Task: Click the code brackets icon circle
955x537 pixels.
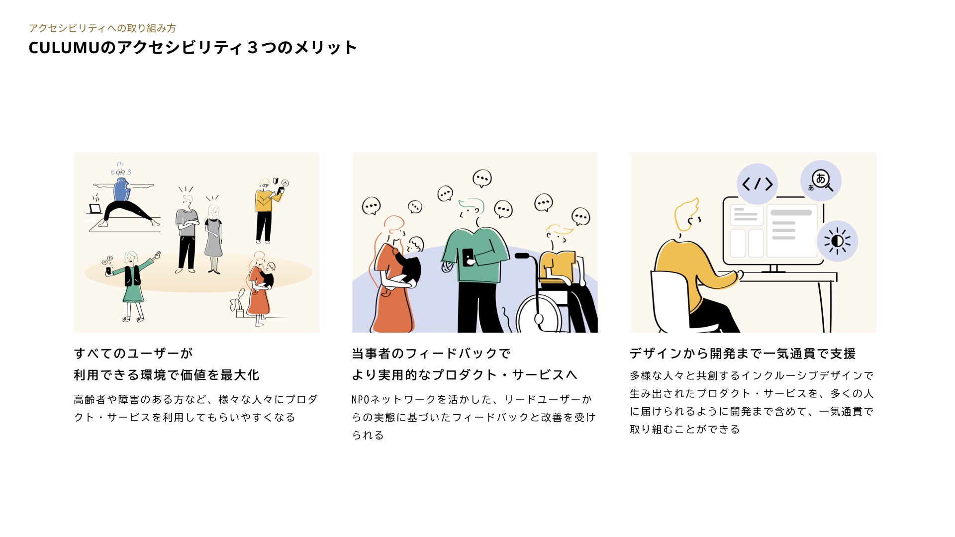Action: pos(757,184)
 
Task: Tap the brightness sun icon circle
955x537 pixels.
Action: pos(837,241)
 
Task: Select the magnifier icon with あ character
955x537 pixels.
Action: pos(821,180)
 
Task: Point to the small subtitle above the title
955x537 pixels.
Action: pos(102,28)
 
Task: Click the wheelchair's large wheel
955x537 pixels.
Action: pos(539,314)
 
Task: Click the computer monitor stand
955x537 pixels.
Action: pos(773,268)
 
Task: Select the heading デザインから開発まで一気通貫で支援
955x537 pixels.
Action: pos(743,354)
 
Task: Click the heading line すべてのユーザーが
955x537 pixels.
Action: pos(133,354)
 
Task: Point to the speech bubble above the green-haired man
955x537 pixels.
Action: pos(481,179)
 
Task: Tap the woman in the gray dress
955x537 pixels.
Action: pos(213,239)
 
